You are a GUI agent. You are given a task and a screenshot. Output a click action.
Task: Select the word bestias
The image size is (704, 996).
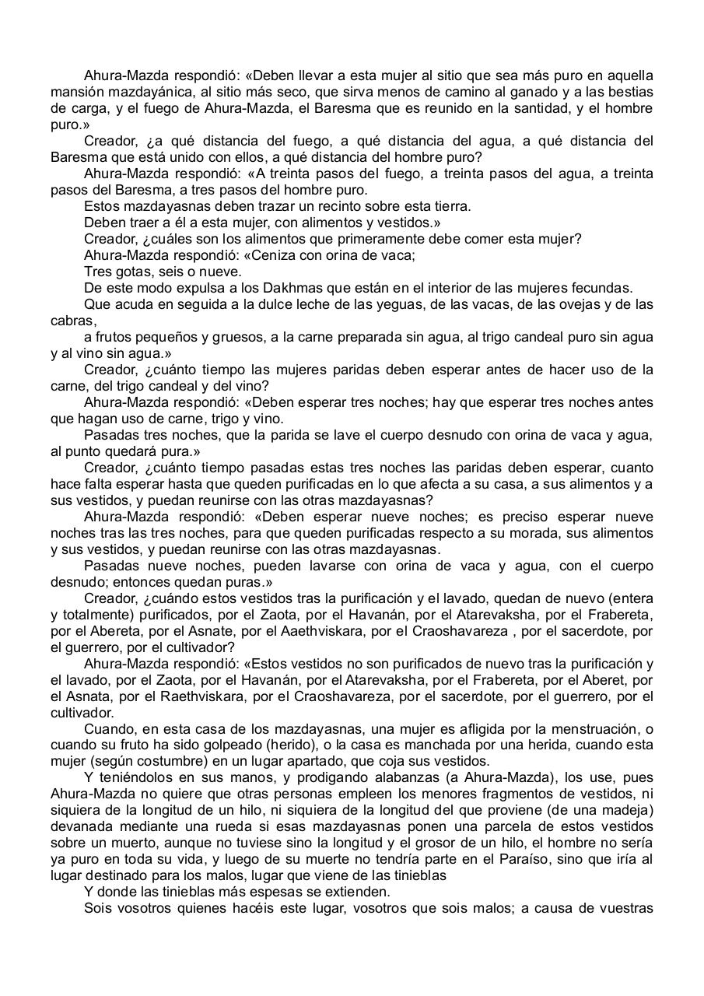pyautogui.click(x=630, y=91)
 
